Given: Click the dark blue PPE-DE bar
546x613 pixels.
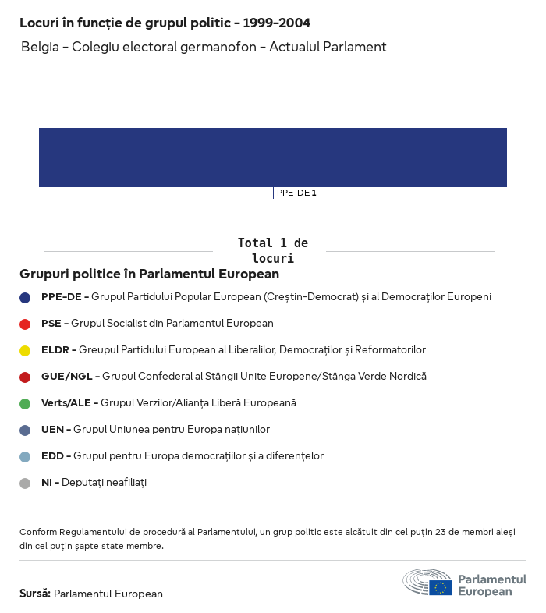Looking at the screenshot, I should pos(273,158).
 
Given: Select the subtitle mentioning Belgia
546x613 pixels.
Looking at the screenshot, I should pos(204,47).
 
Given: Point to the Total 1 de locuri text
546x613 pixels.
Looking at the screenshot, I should pos(272,250).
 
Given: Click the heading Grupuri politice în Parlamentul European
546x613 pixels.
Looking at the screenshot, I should pos(149,275).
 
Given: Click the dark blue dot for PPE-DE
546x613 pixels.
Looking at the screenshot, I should pos(25,297).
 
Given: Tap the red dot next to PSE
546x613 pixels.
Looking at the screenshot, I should pos(25,324).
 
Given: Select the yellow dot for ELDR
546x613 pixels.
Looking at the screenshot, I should pos(25,350).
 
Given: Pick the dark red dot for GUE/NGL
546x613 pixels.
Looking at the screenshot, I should pos(25,377).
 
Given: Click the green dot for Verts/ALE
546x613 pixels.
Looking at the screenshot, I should pos(25,403).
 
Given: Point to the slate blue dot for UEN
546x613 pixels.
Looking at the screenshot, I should pos(25,430).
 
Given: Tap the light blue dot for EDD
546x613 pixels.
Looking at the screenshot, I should pos(25,456).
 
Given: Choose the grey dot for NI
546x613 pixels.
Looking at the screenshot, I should pos(25,483).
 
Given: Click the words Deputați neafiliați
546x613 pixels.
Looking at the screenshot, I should pos(105,483).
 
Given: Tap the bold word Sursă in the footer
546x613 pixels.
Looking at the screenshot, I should pos(34,594).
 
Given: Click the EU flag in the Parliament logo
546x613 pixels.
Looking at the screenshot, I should pos(440,587).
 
